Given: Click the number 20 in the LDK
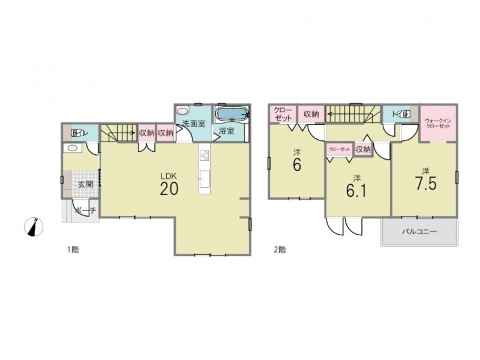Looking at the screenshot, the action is point(169,188).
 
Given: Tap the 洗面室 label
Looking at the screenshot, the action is point(193,124).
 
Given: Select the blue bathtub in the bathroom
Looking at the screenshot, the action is point(232,115).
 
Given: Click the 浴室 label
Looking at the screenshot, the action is point(227,131).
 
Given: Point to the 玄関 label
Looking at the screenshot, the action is point(85,184).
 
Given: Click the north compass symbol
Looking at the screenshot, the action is point(34,227).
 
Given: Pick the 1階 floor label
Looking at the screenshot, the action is point(73,250).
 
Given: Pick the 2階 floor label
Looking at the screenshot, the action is point(280,250).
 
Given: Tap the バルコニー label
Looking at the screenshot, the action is point(419,232).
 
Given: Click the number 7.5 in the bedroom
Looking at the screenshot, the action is point(426,184).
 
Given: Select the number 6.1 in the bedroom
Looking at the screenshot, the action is point(356,191).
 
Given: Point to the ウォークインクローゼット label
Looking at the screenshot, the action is point(438,124).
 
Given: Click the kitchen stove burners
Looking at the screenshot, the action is point(204,155).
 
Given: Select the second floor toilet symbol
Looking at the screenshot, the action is point(404,114).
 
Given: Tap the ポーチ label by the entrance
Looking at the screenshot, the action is point(86,211).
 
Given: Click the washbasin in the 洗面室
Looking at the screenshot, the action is point(183,110).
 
